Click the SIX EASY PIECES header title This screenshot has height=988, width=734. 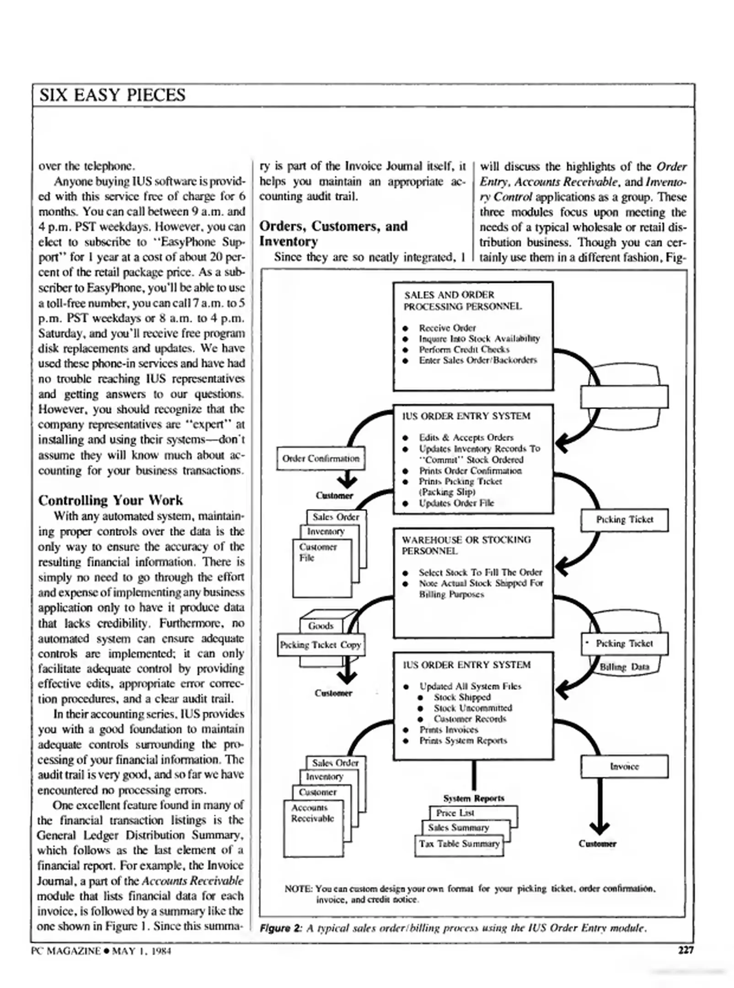[x=112, y=95]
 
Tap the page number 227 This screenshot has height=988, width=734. [x=685, y=950]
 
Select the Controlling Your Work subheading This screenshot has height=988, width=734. [x=110, y=500]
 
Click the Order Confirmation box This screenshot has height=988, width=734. [x=321, y=458]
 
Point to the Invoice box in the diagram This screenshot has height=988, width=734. [x=624, y=766]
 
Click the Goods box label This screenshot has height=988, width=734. [x=321, y=626]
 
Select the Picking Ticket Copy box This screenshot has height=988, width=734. [x=321, y=644]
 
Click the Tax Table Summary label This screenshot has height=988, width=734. [x=459, y=843]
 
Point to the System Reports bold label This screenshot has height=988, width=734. [x=473, y=798]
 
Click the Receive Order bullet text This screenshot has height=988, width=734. [x=447, y=328]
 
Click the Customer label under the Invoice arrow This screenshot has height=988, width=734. [x=597, y=843]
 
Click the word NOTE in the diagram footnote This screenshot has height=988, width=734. [x=298, y=888]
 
